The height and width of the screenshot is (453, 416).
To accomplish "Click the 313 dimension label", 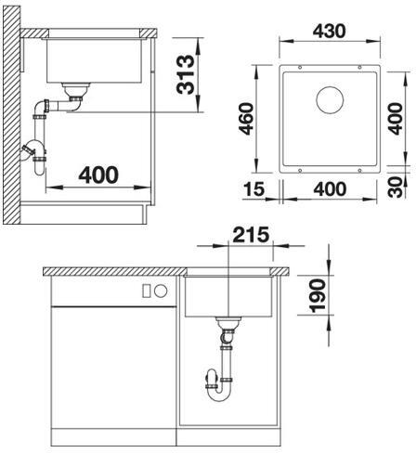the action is (186, 74).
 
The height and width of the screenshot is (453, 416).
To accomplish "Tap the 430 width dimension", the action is (329, 32).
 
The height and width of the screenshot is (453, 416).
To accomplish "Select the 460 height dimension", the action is (247, 119).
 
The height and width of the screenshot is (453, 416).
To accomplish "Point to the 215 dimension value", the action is (251, 235).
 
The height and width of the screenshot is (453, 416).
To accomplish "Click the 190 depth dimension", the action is (318, 296).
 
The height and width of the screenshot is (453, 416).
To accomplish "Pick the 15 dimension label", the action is (254, 189).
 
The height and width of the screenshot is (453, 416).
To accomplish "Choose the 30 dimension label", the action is (396, 188).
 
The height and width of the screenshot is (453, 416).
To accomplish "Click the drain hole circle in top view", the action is (330, 100).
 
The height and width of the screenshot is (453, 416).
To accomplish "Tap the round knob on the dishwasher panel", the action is (161, 291).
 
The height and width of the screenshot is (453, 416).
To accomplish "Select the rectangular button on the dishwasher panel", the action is (147, 291).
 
